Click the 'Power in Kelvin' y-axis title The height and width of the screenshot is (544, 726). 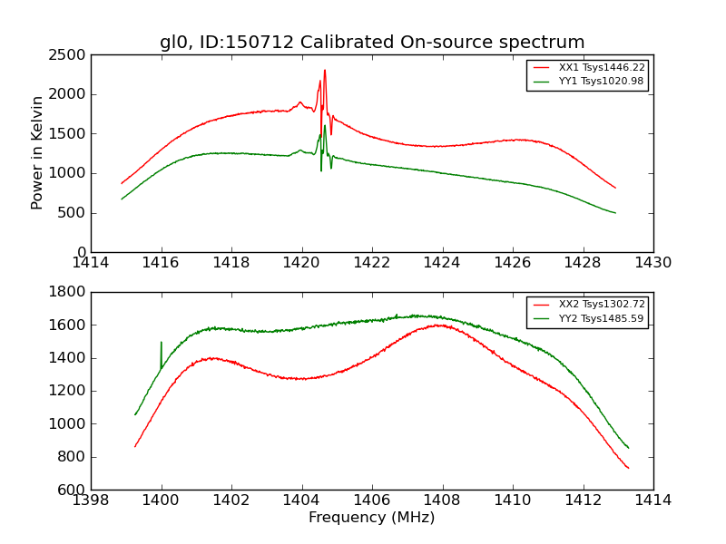pos(37,152)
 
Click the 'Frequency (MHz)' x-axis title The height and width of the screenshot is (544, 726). pos(371,518)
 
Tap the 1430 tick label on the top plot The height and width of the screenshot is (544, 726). pos(652,263)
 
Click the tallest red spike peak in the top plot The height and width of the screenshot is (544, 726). pos(325,70)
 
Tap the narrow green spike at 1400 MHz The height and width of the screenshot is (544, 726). pos(162,343)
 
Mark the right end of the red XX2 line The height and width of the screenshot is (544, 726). pos(628,468)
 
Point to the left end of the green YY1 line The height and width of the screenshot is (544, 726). pos(122,199)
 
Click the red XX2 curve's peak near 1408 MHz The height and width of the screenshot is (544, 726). pos(440,325)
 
